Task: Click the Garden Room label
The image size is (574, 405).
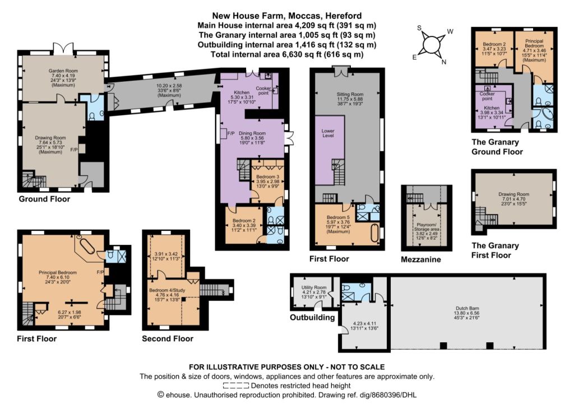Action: click(63, 71)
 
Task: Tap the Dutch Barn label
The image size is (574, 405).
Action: click(467, 309)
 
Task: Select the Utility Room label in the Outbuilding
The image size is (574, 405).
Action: click(314, 287)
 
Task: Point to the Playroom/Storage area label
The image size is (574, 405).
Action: click(427, 227)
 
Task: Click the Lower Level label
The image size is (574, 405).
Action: click(328, 133)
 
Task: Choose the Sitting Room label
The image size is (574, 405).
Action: click(350, 95)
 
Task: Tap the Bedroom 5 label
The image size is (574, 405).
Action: click(338, 217)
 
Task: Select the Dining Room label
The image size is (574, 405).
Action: click(252, 133)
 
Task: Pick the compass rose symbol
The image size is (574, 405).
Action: click(431, 45)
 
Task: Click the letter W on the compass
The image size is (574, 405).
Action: click(450, 31)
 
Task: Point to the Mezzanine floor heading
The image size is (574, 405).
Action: click(421, 260)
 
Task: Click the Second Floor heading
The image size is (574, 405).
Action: click(168, 339)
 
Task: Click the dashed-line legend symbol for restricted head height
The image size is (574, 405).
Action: click(236, 385)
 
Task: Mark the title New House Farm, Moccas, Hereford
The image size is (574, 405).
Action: click(287, 16)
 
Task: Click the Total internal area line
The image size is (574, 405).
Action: click(287, 54)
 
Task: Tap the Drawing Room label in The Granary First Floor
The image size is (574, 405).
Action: click(513, 194)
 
